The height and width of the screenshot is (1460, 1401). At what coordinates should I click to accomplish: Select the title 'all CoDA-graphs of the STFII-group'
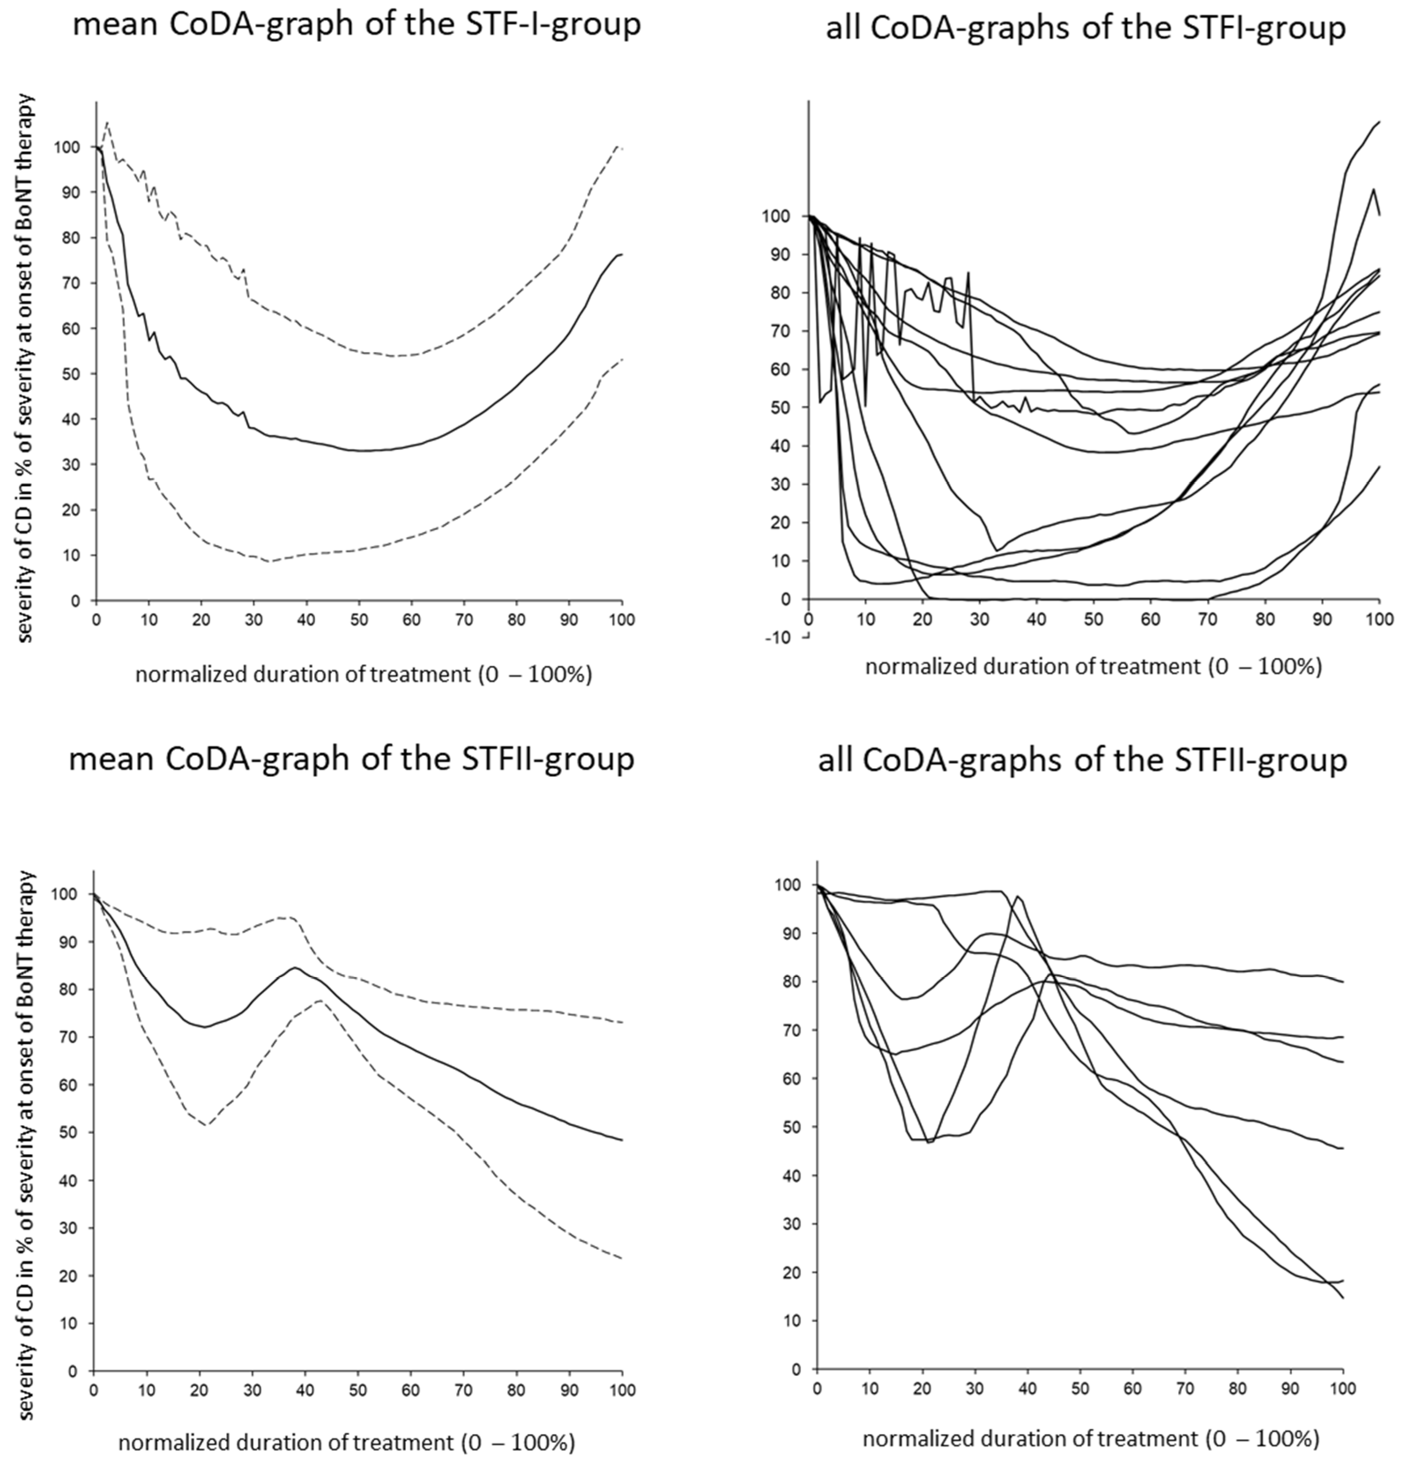[x=1082, y=760]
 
